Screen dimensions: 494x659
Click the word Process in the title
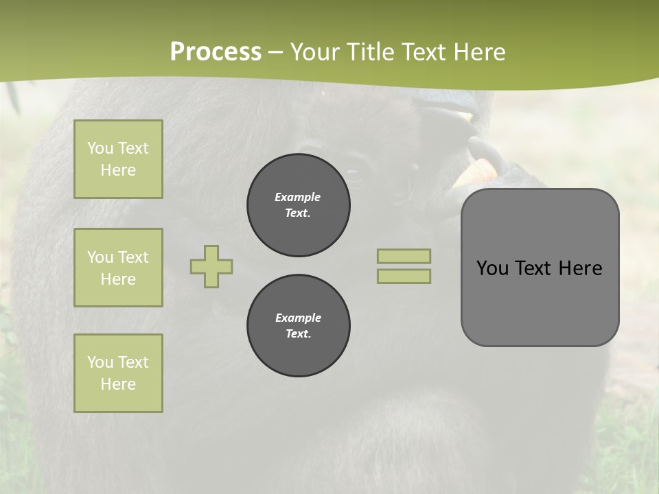216,52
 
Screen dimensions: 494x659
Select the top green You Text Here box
118,159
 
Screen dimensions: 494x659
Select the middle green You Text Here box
118,268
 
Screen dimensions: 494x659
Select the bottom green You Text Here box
118,373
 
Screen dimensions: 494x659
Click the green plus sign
211,266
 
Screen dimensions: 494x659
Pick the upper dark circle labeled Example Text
299,205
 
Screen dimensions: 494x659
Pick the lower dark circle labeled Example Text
299,326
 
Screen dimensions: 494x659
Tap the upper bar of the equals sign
404,256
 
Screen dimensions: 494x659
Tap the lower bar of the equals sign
404,276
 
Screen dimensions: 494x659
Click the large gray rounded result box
540,302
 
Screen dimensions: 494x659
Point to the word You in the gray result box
492,268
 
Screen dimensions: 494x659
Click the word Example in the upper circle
298,197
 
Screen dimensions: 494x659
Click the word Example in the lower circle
298,318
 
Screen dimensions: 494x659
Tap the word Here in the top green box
118,170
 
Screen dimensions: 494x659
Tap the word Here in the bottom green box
118,384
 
